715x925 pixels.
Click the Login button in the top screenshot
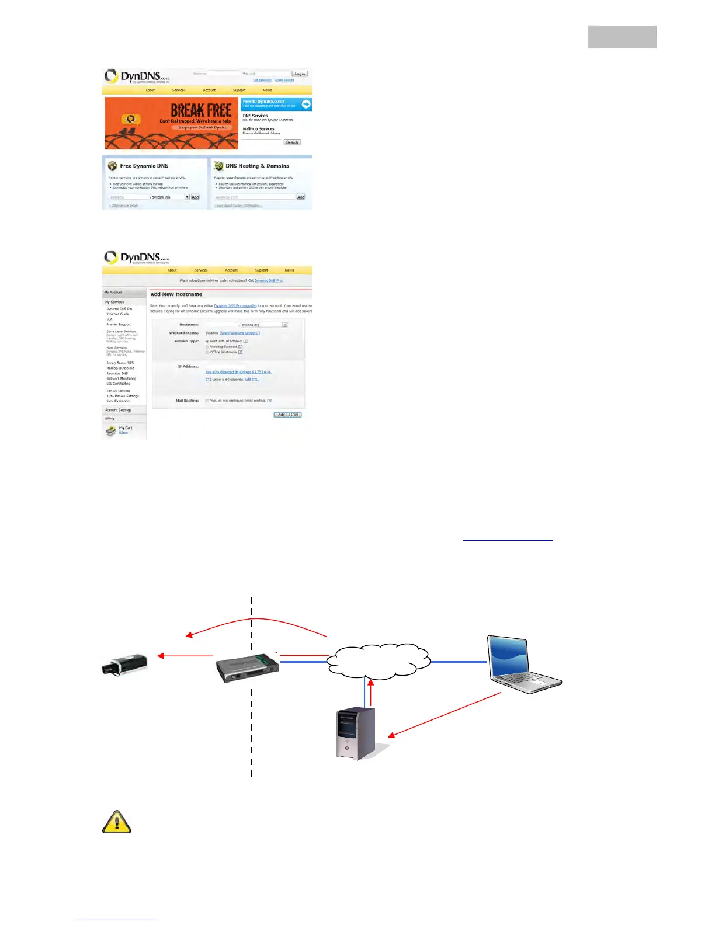click(x=300, y=74)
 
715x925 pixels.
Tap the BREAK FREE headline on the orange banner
click(x=200, y=110)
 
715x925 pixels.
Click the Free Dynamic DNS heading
click(x=144, y=166)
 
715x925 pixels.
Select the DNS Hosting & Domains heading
click(x=257, y=166)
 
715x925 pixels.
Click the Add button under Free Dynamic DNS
click(x=195, y=197)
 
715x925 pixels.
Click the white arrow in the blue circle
click(x=306, y=104)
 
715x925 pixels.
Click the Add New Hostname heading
click(x=176, y=294)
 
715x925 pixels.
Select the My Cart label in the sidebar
click(x=126, y=428)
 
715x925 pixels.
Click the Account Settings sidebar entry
click(x=118, y=410)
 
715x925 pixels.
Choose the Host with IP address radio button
click(x=207, y=341)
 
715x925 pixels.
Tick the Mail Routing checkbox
click(x=207, y=401)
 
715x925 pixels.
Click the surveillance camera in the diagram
click(x=124, y=665)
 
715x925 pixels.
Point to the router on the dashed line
click(x=247, y=667)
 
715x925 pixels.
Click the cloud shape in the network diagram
click(x=379, y=662)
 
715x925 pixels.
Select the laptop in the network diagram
click(x=523, y=663)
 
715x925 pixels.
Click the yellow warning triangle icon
click(x=117, y=822)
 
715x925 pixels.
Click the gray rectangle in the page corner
click(x=622, y=37)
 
